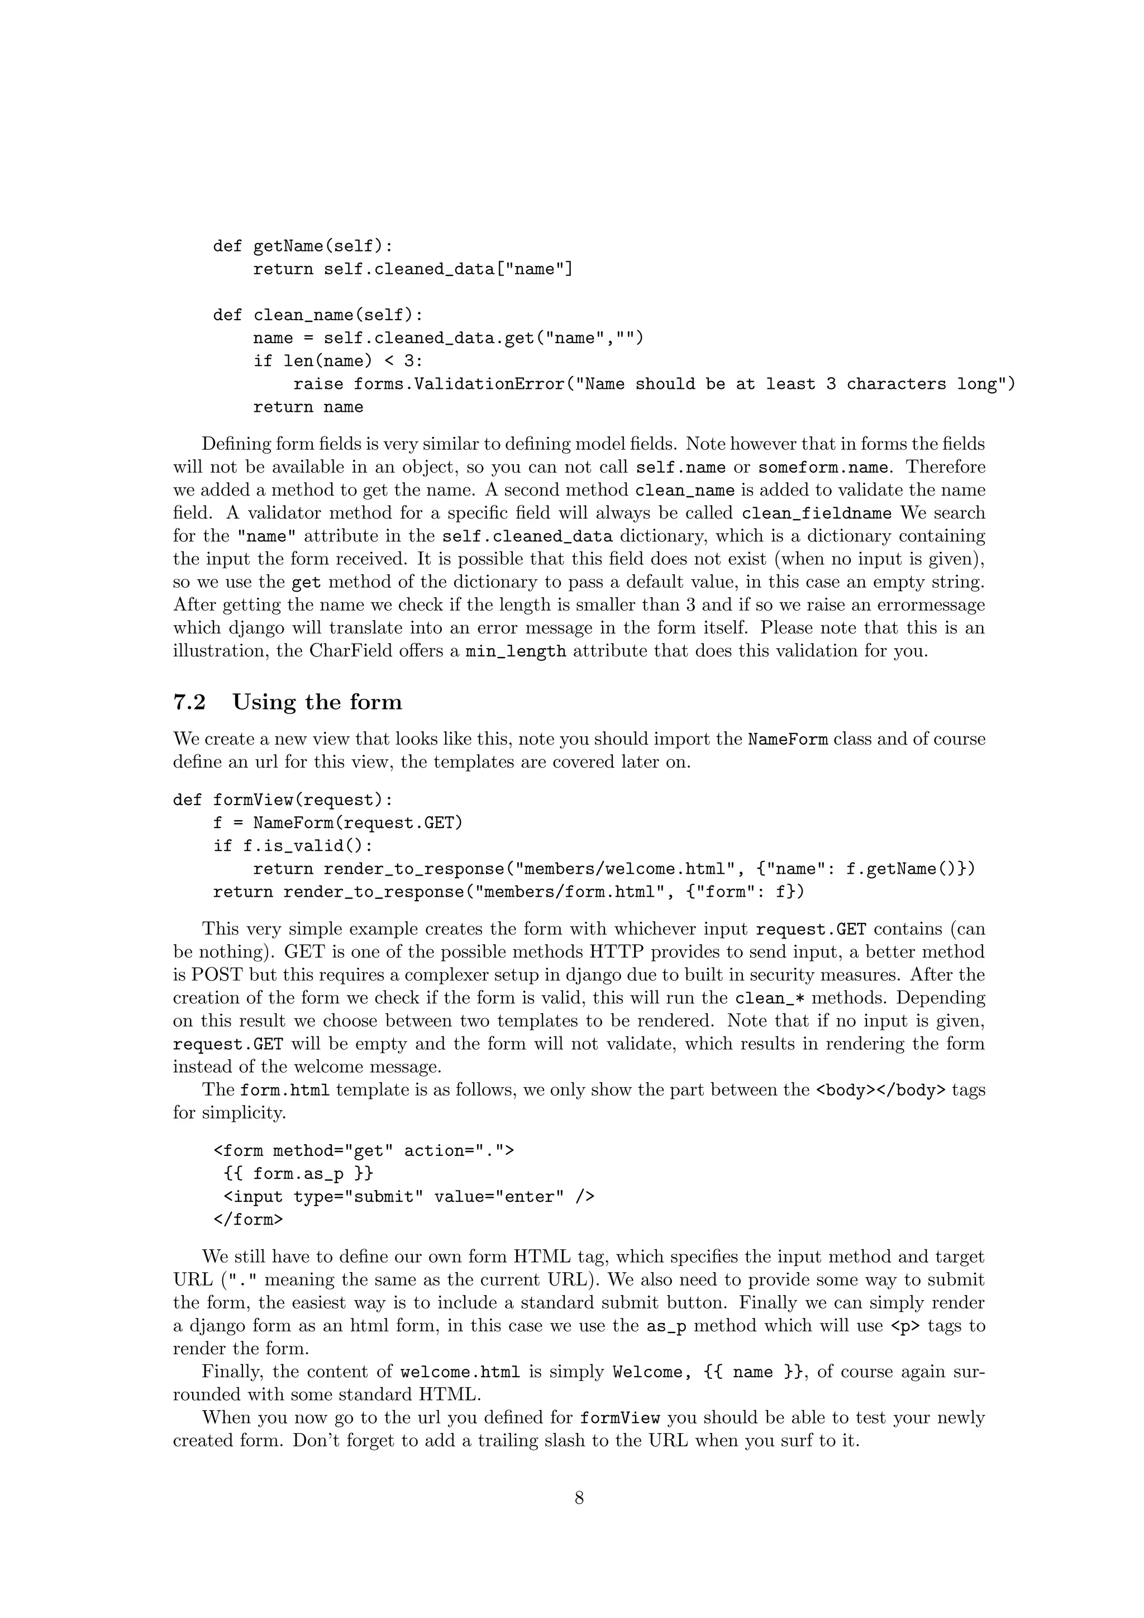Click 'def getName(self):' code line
point(303,246)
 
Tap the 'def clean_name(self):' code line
point(318,315)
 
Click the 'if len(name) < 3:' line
point(338,361)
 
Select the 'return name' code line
point(308,407)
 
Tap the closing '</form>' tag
point(248,1219)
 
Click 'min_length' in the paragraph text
point(516,651)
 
